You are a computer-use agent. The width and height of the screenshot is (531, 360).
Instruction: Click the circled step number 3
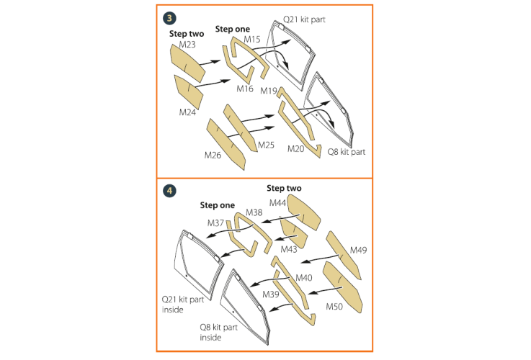click(169, 18)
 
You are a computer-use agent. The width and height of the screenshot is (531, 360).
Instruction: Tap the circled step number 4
click(169, 191)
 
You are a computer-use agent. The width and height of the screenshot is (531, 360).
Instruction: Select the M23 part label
click(187, 45)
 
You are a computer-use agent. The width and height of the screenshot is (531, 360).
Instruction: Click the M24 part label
click(187, 112)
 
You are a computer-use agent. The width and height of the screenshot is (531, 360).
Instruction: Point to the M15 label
click(252, 40)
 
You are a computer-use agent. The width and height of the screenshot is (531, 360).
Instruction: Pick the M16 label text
click(245, 89)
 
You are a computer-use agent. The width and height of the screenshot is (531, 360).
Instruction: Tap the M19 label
click(269, 91)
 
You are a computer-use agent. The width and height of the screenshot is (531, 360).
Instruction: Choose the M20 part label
click(295, 148)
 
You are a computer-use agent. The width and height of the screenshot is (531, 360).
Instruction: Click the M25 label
click(266, 145)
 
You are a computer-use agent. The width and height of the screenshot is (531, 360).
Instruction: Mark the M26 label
click(213, 155)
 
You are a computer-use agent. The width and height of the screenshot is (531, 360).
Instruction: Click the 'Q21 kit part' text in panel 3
click(304, 19)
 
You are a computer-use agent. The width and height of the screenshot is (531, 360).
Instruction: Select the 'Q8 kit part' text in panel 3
click(346, 152)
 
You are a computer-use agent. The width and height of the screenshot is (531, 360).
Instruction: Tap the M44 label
click(277, 202)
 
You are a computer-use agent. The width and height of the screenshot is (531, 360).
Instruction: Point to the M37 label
click(215, 223)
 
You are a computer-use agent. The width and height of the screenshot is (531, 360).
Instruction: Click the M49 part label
click(358, 250)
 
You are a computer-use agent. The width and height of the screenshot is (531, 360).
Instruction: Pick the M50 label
click(334, 307)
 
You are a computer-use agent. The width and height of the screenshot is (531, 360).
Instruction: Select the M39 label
click(271, 294)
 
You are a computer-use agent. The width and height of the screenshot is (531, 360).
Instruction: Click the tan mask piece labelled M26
click(226, 144)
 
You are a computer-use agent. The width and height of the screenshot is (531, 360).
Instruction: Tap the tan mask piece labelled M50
click(343, 287)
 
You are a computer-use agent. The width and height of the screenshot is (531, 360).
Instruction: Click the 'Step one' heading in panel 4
click(217, 205)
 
